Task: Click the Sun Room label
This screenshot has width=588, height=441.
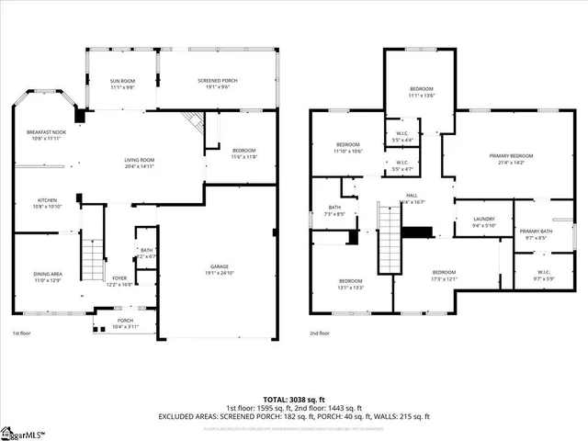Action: (122, 81)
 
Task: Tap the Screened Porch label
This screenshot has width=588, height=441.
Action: (218, 81)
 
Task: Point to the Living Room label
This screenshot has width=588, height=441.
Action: (140, 161)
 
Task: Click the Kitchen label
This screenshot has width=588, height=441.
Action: (47, 199)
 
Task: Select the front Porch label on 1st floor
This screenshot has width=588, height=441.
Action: (124, 321)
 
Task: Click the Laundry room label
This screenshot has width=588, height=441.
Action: (484, 219)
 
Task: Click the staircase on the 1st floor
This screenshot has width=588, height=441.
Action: (91, 261)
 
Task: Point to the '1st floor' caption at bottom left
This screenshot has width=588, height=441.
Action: (23, 334)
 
